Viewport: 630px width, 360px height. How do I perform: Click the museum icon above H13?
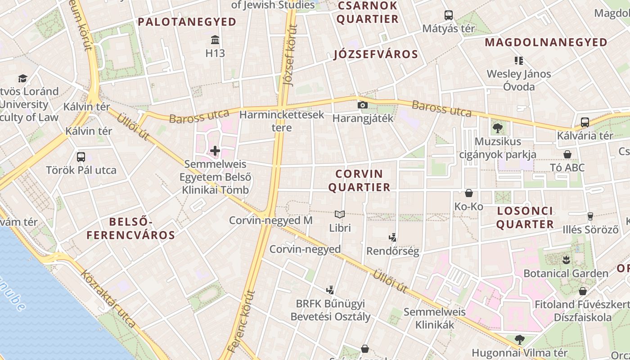(x=215, y=40)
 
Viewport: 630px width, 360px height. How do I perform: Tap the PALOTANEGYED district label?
(x=187, y=22)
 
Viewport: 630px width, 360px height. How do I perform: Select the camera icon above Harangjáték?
(x=362, y=105)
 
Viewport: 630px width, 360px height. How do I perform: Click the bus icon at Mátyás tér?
(x=449, y=15)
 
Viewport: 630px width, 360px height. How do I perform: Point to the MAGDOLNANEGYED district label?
(x=546, y=42)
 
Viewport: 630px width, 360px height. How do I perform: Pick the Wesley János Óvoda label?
(x=519, y=80)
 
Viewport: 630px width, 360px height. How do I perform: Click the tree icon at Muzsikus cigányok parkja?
(x=498, y=128)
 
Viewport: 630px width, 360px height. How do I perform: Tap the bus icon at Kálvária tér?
(x=585, y=122)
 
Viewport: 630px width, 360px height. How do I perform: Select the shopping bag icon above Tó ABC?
(x=567, y=154)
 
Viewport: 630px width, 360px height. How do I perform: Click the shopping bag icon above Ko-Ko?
(x=469, y=193)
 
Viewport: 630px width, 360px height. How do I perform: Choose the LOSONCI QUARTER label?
(x=525, y=217)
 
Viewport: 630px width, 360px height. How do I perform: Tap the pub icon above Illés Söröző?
(x=590, y=216)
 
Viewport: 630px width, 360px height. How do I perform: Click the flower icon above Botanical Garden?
(x=566, y=260)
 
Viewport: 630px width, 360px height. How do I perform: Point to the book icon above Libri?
(x=340, y=214)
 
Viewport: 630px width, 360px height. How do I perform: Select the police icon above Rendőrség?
(x=392, y=237)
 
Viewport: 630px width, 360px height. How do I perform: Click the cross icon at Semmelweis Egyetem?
(x=215, y=150)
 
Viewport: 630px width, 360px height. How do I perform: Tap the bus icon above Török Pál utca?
(x=81, y=157)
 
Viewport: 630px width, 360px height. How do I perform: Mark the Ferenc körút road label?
(x=242, y=321)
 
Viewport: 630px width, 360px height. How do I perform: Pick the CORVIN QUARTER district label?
(x=359, y=180)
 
